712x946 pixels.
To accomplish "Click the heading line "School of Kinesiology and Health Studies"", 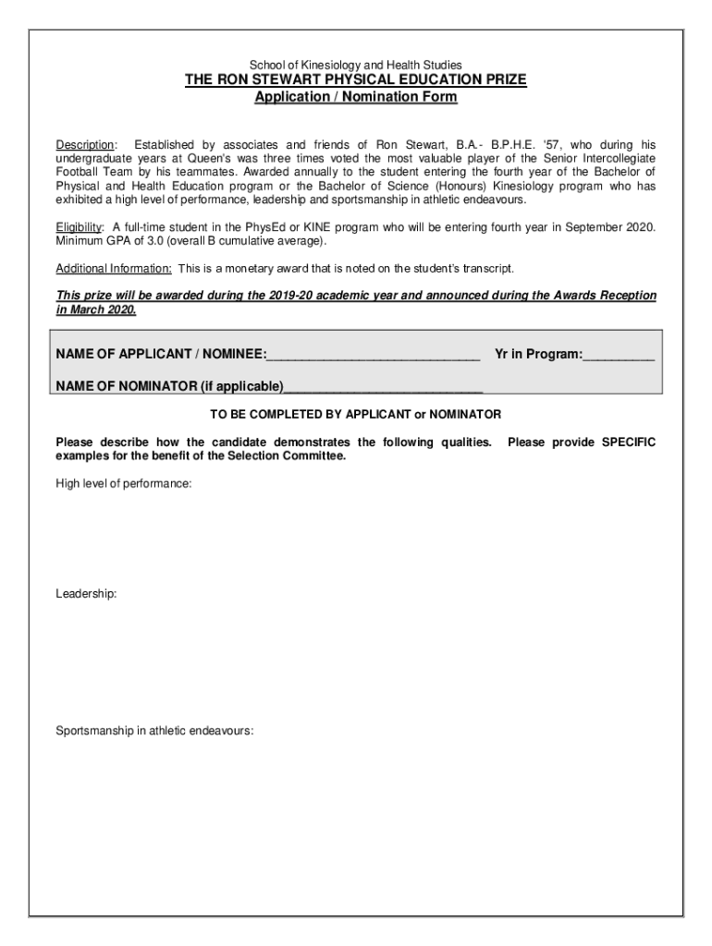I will [x=356, y=66].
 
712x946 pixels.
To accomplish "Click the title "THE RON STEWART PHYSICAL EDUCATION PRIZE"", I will [x=356, y=80].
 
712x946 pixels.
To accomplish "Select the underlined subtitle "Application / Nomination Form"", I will [x=356, y=97].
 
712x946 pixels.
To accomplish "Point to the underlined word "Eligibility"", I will [x=78, y=227].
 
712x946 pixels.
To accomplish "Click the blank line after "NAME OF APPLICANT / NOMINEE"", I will [x=374, y=355].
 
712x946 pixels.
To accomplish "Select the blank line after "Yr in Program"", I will [x=619, y=355].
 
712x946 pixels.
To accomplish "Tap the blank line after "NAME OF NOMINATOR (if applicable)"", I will [x=383, y=387].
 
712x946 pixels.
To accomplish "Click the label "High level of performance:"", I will [x=124, y=484].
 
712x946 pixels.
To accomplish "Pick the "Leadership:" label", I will [x=86, y=594].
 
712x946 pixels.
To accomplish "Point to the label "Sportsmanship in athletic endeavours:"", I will [x=154, y=731].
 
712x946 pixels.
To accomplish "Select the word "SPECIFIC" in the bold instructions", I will [x=629, y=443].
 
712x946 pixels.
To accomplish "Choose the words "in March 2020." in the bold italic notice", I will [x=96, y=309].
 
